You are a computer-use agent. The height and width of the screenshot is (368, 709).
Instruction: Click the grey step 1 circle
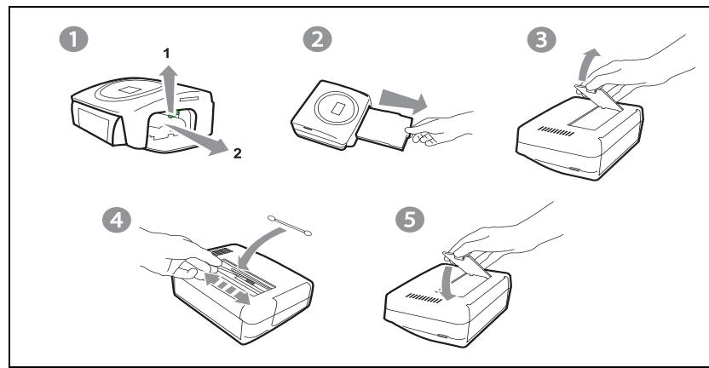tap(73, 39)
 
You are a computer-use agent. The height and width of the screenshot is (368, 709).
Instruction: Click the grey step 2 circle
tap(317, 39)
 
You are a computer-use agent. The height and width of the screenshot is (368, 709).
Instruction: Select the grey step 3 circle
tap(541, 39)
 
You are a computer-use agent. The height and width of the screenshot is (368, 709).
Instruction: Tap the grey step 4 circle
tap(116, 220)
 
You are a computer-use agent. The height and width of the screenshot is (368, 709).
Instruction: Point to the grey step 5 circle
tap(410, 220)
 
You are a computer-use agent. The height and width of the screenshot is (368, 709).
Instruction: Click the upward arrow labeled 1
tap(170, 89)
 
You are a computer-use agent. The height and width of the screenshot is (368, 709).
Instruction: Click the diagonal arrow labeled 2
tap(199, 138)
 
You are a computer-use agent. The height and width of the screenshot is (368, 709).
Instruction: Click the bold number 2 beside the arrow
tap(238, 153)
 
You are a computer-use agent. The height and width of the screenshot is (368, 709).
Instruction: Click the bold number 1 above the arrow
tap(166, 54)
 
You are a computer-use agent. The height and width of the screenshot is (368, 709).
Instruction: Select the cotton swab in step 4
tap(290, 225)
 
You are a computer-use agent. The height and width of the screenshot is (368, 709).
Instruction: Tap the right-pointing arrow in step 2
tap(402, 101)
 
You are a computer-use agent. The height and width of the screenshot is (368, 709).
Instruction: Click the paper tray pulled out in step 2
tap(384, 127)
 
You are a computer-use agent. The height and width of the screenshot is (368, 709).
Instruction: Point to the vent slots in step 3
tap(556, 131)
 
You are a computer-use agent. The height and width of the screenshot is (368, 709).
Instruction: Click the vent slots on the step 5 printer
tap(424, 298)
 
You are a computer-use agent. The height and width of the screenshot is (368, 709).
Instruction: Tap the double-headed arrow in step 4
tap(227, 288)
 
